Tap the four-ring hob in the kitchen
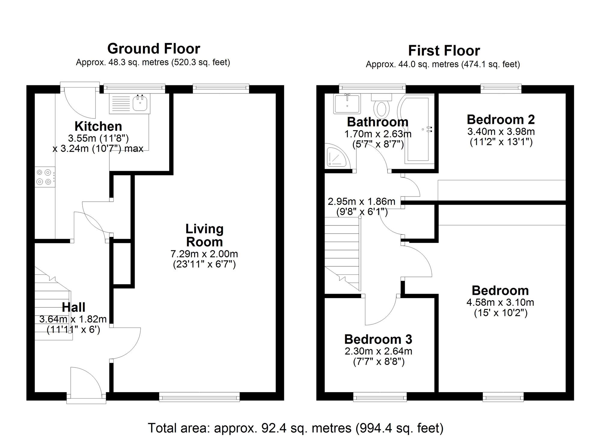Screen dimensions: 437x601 [44, 177]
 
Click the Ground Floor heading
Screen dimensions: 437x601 [154, 49]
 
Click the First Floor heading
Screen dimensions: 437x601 [444, 50]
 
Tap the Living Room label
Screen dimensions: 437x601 [204, 235]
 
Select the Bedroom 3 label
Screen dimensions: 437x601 [378, 339]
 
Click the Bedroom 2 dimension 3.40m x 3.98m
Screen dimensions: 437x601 [501, 132]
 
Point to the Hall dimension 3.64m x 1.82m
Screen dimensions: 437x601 [73, 319]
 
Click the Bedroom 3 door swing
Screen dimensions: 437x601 [380, 311]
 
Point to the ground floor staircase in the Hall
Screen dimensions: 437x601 [53, 310]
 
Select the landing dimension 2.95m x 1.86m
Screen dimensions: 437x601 [362, 201]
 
